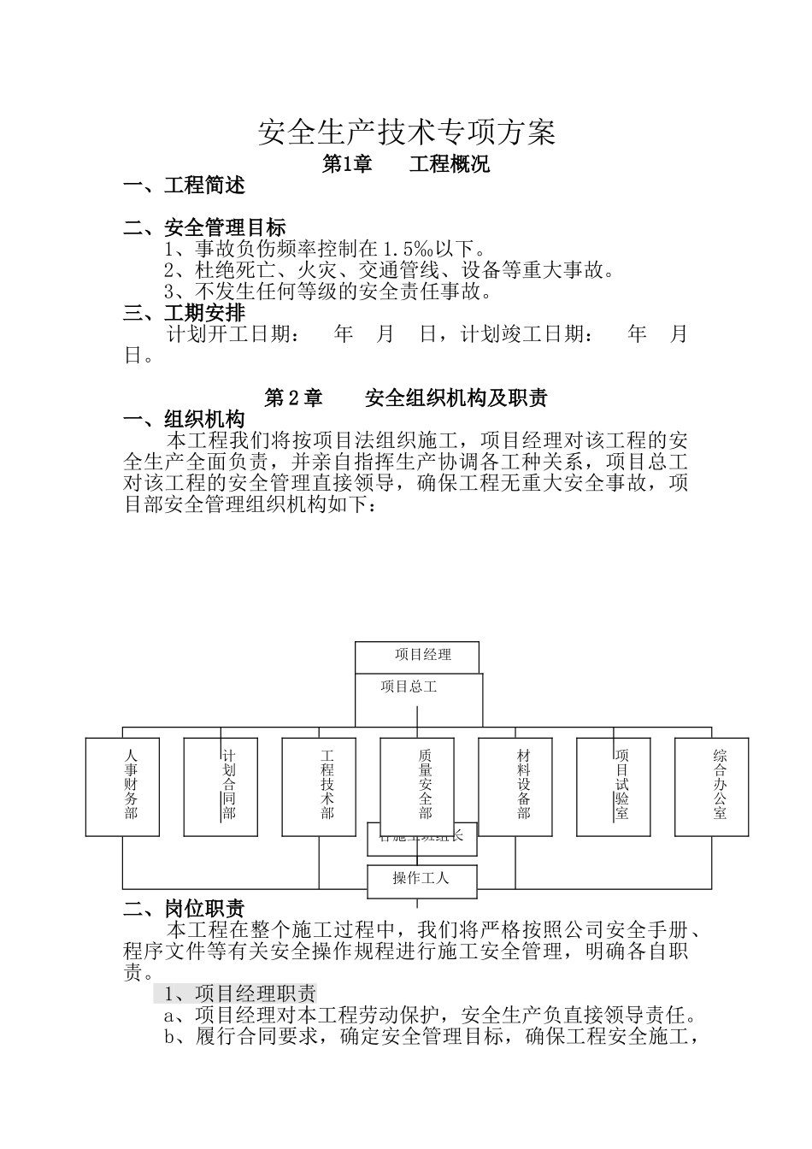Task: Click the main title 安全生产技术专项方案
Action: [407, 133]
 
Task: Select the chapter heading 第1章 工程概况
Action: [406, 164]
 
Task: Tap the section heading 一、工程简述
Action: [185, 186]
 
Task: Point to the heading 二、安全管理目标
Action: [205, 227]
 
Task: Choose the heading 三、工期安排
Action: [185, 312]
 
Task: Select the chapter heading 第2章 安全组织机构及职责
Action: [406, 398]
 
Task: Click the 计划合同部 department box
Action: [221, 787]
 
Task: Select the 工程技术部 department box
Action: [320, 787]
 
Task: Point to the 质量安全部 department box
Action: [418, 787]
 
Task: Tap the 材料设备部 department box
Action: [515, 787]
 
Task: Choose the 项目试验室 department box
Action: [614, 787]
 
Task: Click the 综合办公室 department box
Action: [712, 787]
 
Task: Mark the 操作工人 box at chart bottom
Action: [421, 880]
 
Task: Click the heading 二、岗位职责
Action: [185, 908]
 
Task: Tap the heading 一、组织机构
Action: [185, 419]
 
